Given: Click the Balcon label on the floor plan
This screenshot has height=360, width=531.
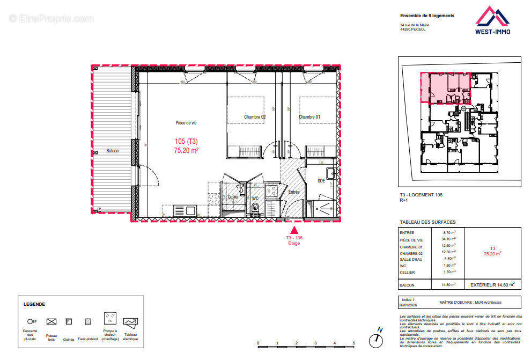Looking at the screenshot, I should [112, 151].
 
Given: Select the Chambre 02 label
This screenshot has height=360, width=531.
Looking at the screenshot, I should [255, 117].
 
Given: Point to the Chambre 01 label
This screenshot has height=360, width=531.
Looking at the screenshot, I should [309, 117].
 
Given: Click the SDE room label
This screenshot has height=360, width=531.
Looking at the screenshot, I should [321, 181].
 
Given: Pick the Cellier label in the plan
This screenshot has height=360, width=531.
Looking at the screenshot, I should [233, 197].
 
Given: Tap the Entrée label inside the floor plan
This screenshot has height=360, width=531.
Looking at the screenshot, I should [293, 192].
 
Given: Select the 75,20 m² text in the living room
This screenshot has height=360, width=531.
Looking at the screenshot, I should [186, 151].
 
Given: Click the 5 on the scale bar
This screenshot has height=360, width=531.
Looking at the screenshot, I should [353, 343].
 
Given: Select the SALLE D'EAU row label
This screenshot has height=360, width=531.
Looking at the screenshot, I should [411, 259].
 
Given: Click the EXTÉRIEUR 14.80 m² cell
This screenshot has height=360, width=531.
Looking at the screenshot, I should [492, 284].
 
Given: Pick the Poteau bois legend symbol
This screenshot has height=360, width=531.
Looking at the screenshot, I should [51, 321].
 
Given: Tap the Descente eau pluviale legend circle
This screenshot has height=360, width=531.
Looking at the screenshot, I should [30, 321].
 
